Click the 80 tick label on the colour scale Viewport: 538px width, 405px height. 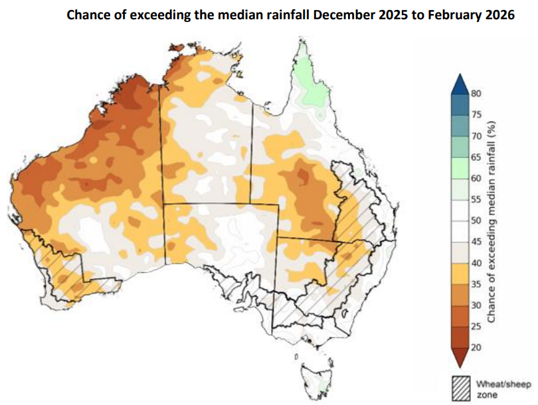tap(476, 94)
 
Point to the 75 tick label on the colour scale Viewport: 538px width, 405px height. tap(476, 115)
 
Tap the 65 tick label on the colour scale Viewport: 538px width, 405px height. tap(476, 157)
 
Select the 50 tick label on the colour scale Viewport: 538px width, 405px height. tap(476, 220)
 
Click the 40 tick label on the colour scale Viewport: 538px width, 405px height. tap(476, 263)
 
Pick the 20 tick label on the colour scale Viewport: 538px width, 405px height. tap(476, 347)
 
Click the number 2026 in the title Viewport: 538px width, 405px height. tap(495, 15)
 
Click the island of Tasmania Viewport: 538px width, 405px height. tap(315, 375)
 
